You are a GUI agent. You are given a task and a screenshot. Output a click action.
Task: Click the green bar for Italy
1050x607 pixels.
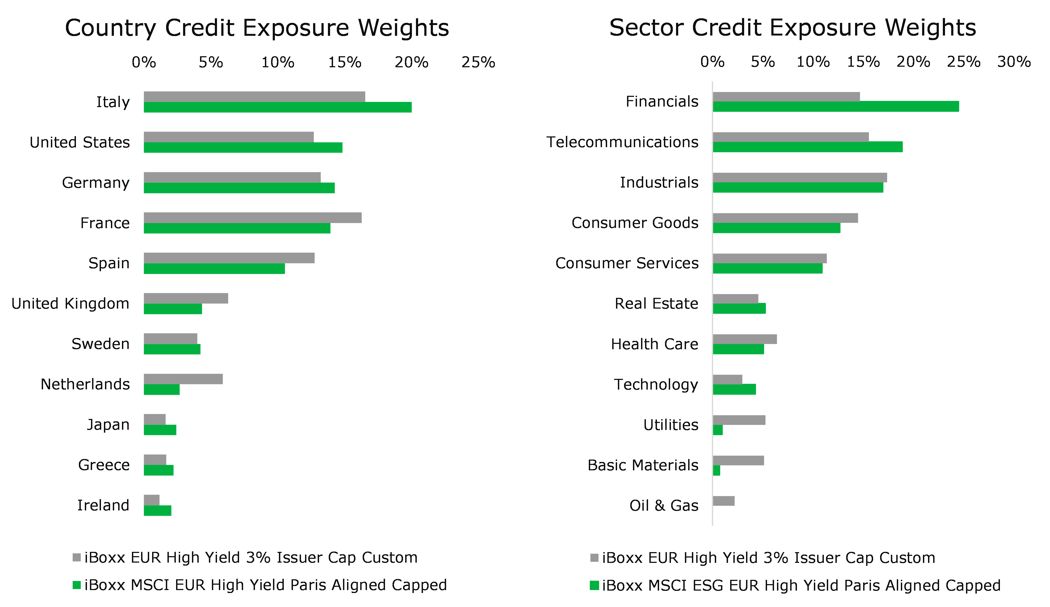point(278,107)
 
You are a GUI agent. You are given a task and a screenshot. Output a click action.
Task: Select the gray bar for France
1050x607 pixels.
point(253,218)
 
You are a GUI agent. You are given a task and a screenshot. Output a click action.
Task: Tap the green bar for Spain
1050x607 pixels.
point(214,269)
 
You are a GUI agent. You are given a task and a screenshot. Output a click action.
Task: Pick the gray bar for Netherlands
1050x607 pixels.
point(183,379)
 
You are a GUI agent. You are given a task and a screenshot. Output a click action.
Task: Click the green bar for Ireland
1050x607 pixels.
point(157,510)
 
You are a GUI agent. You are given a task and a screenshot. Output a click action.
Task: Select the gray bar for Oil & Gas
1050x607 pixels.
point(724,501)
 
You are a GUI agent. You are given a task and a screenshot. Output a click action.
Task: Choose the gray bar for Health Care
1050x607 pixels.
point(745,339)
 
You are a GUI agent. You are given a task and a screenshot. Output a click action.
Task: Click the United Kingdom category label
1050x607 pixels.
point(71,303)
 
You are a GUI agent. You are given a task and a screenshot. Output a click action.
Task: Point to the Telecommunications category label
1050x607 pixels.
point(622,142)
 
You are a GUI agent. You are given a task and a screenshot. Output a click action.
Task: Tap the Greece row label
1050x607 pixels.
point(104,465)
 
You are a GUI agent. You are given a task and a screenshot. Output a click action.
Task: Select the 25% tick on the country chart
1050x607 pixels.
point(478,62)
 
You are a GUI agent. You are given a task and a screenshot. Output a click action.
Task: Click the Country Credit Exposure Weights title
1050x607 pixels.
point(257,28)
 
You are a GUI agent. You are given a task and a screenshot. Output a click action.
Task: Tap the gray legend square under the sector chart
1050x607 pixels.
point(594,557)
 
